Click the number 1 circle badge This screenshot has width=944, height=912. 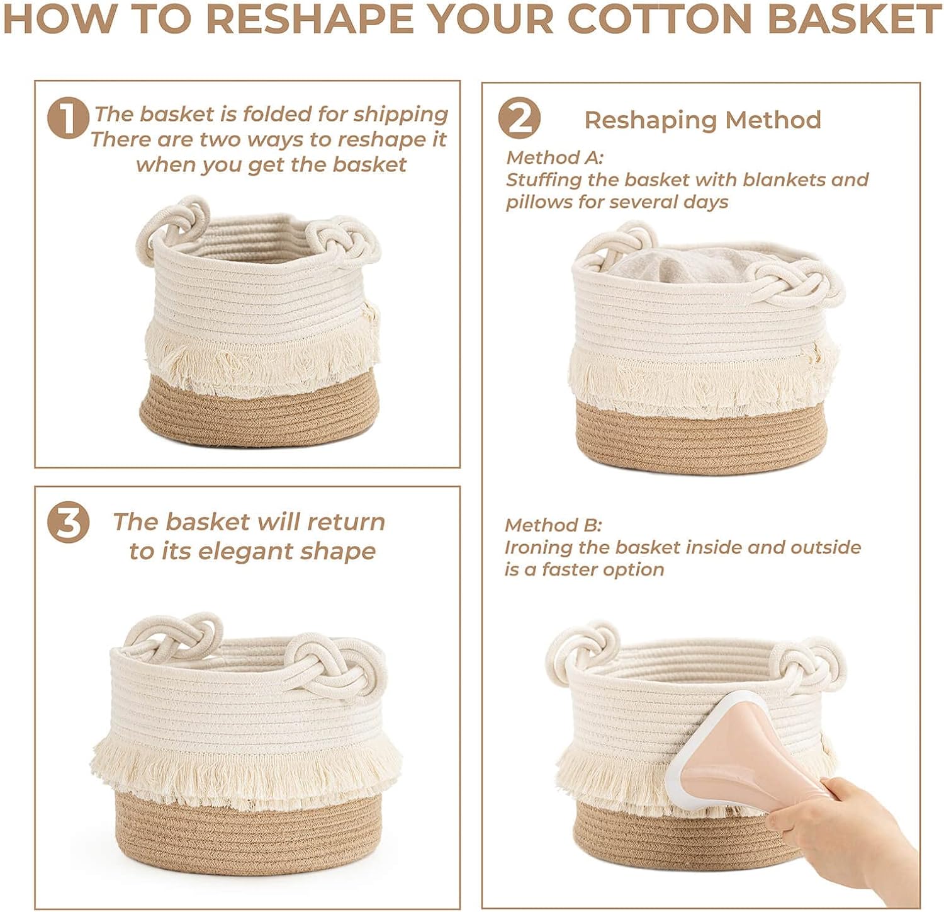click(68, 118)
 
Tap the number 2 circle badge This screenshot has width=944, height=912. click(519, 118)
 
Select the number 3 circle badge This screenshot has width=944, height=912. click(68, 522)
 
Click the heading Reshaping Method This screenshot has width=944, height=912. click(702, 120)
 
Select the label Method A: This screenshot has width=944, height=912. click(554, 157)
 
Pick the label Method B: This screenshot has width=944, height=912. click(553, 525)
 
